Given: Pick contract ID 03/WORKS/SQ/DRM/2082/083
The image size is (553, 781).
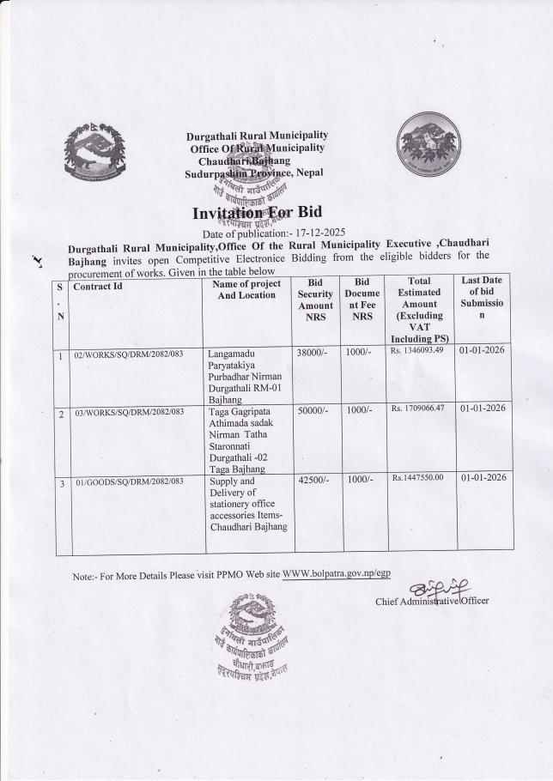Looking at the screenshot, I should [129, 412].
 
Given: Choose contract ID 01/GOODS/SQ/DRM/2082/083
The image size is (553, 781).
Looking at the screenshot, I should [129, 481].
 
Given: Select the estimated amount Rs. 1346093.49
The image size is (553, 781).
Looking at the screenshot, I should [416, 350].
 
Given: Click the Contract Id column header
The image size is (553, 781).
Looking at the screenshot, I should [99, 287].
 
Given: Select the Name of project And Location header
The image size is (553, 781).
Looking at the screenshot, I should [246, 289].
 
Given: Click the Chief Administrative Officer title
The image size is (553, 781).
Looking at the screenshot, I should [432, 601].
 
